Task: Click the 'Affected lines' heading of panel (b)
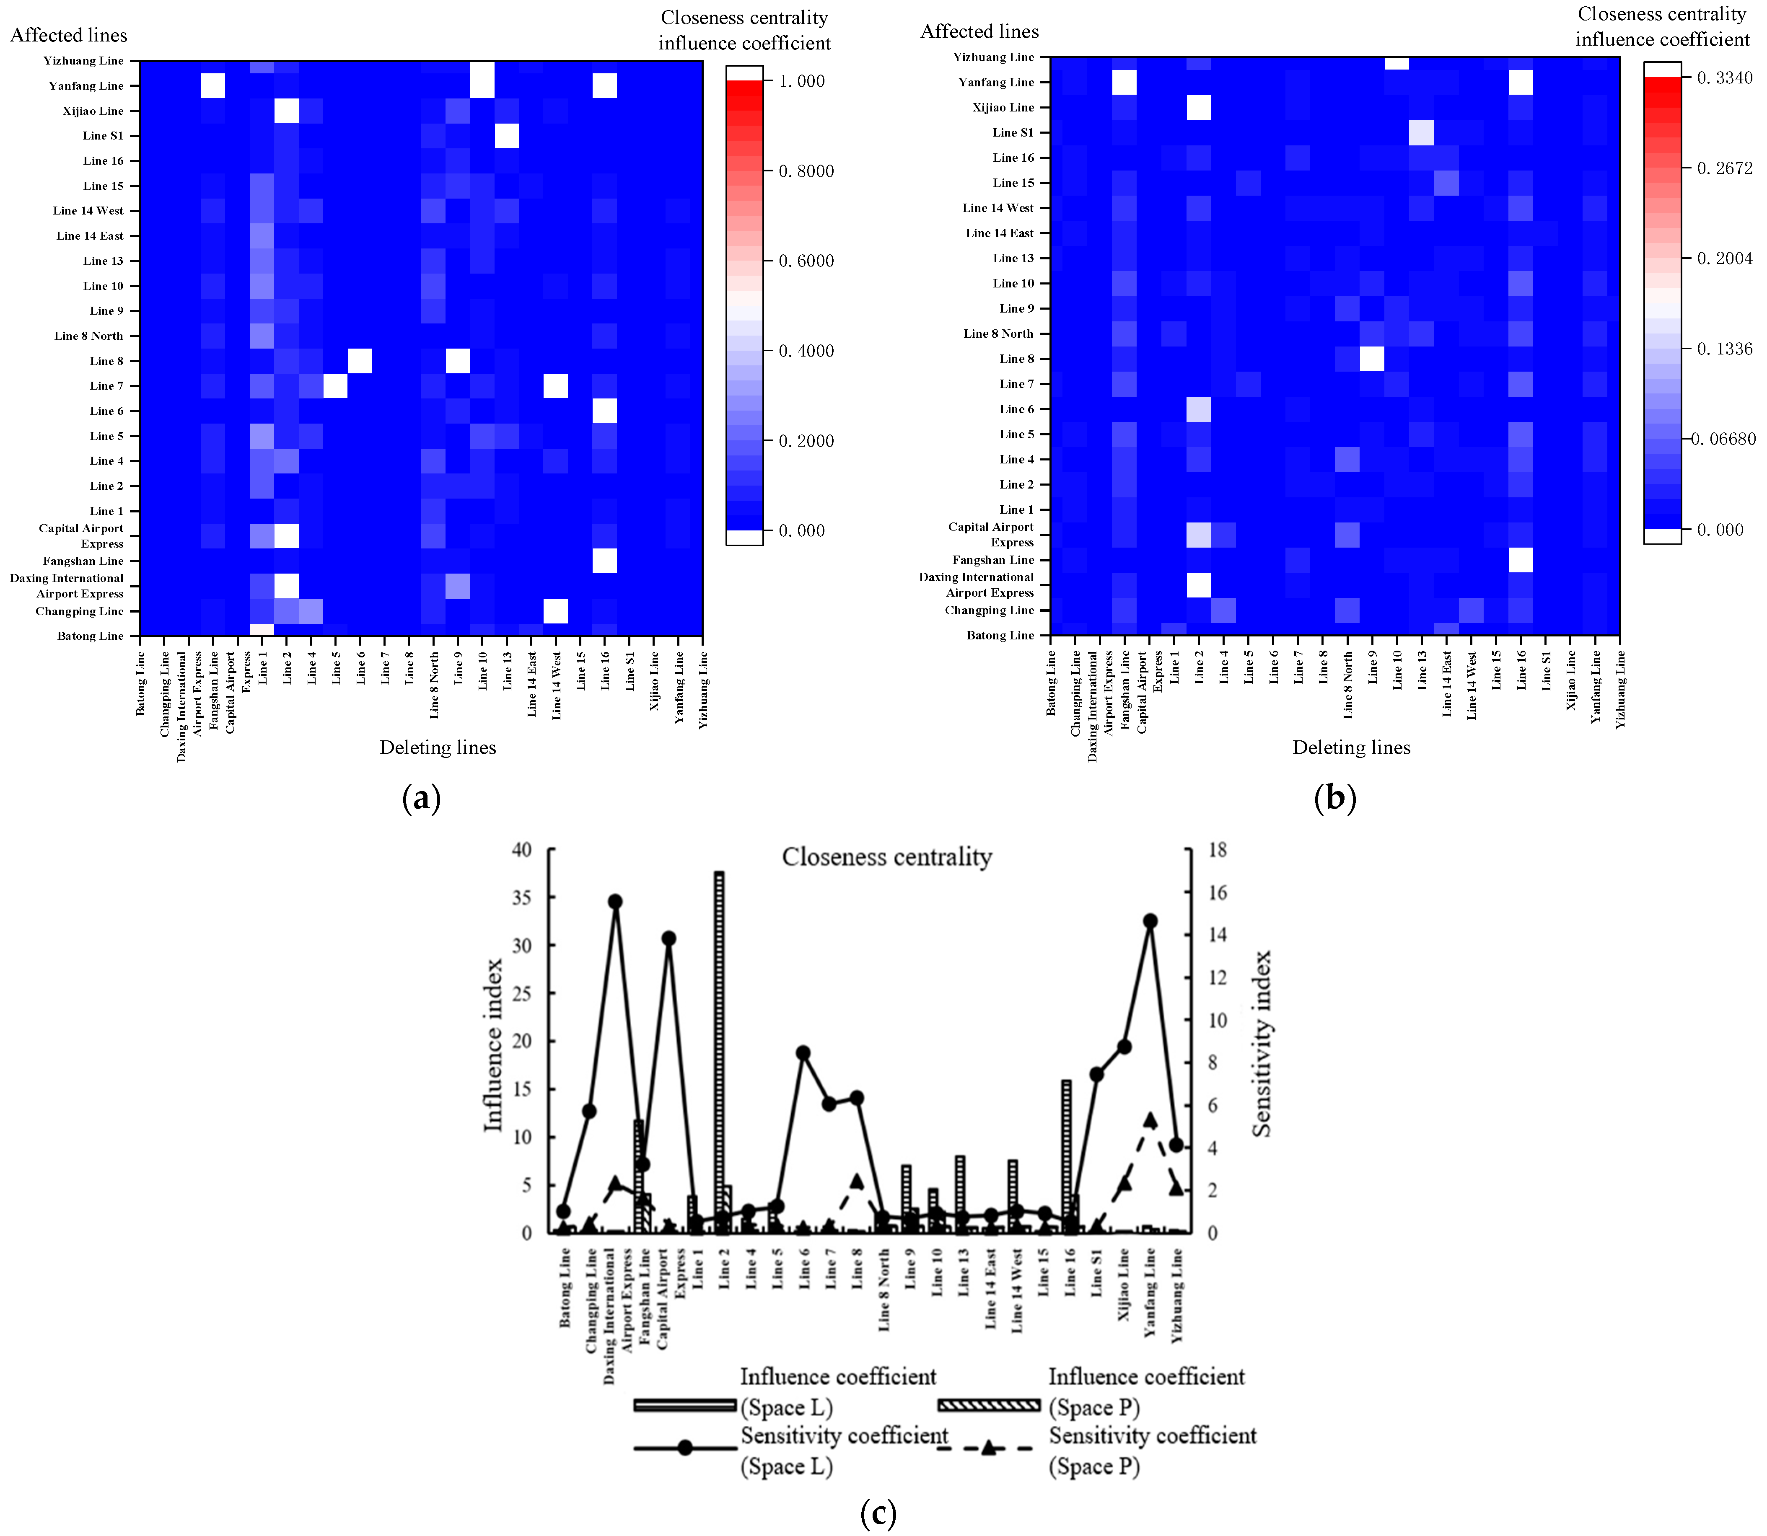[x=979, y=32]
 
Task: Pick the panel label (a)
[x=421, y=799]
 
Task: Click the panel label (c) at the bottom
[x=878, y=1514]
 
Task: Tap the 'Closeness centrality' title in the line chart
[x=886, y=857]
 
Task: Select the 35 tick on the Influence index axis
[x=522, y=897]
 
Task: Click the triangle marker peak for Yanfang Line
[x=1150, y=1120]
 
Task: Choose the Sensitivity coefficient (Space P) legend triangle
[x=989, y=1448]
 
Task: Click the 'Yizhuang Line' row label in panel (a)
[x=84, y=61]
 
